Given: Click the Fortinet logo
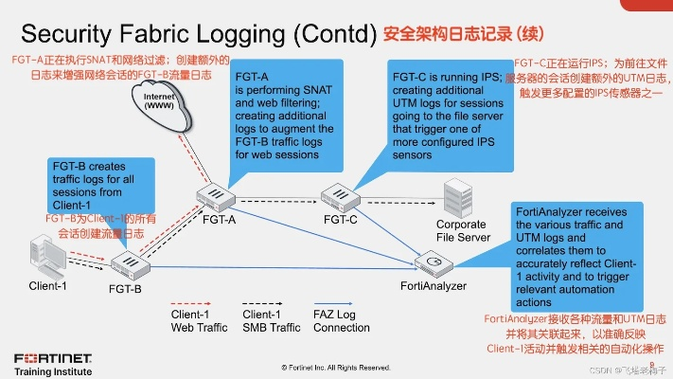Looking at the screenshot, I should (52, 357).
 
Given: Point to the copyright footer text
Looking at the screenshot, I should (334, 367).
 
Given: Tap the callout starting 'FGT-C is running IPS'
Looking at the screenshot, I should (445, 112).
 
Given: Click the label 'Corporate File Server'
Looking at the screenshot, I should (461, 231).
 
